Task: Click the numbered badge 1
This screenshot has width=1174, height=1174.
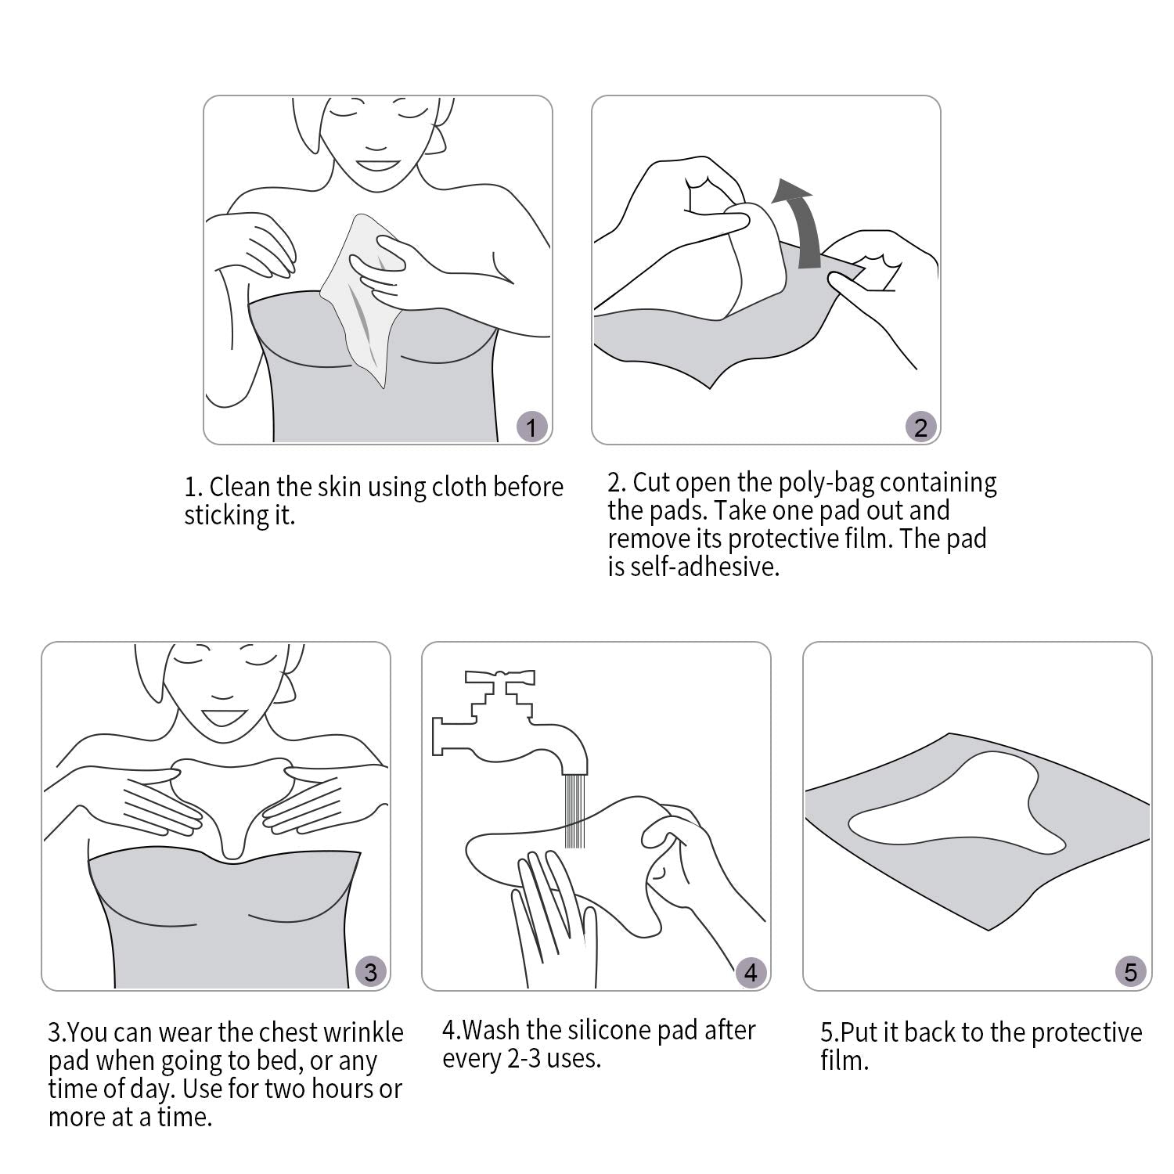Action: point(532,428)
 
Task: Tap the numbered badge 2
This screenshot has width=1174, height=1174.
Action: point(920,428)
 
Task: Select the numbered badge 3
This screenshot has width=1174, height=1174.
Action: point(370,972)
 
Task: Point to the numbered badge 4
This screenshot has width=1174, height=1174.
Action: point(751,972)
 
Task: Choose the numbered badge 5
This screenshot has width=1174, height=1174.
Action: point(1131,972)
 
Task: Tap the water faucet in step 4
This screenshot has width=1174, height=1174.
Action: point(509,724)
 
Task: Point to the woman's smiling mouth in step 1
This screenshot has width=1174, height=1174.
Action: point(378,166)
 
